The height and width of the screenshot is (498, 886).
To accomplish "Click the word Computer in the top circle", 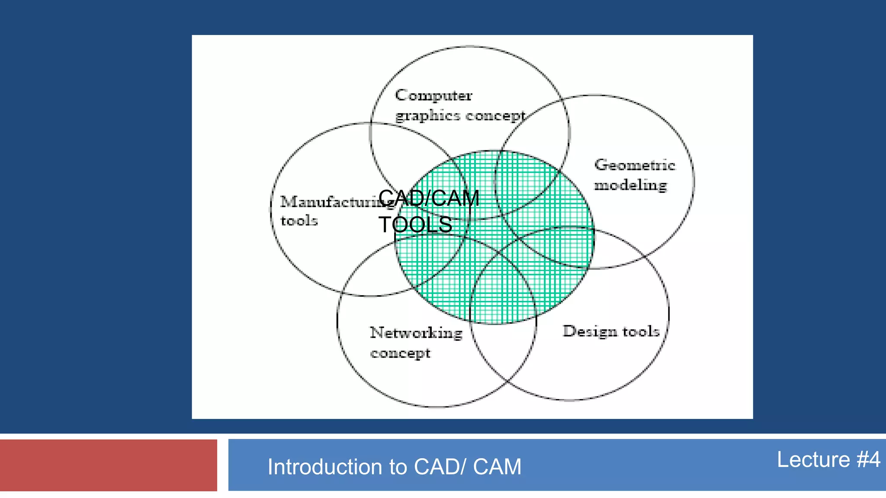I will point(433,96).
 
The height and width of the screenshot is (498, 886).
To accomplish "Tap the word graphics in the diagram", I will point(427,116).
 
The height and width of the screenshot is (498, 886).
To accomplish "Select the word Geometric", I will point(634,165).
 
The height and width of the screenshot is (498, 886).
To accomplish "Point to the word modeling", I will point(630,185).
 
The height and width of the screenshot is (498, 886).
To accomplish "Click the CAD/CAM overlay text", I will point(429,198).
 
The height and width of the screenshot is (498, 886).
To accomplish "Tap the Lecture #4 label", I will point(828,459).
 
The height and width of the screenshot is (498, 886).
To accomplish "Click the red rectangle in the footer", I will point(108,465).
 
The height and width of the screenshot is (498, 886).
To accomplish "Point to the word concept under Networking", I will point(400,353).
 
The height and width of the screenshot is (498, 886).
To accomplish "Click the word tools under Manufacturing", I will point(299,221).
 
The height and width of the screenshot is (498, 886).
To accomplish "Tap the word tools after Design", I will point(641,332).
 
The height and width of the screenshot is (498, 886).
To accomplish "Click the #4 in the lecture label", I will point(868,459).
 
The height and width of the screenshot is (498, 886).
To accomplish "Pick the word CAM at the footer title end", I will point(497,467).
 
